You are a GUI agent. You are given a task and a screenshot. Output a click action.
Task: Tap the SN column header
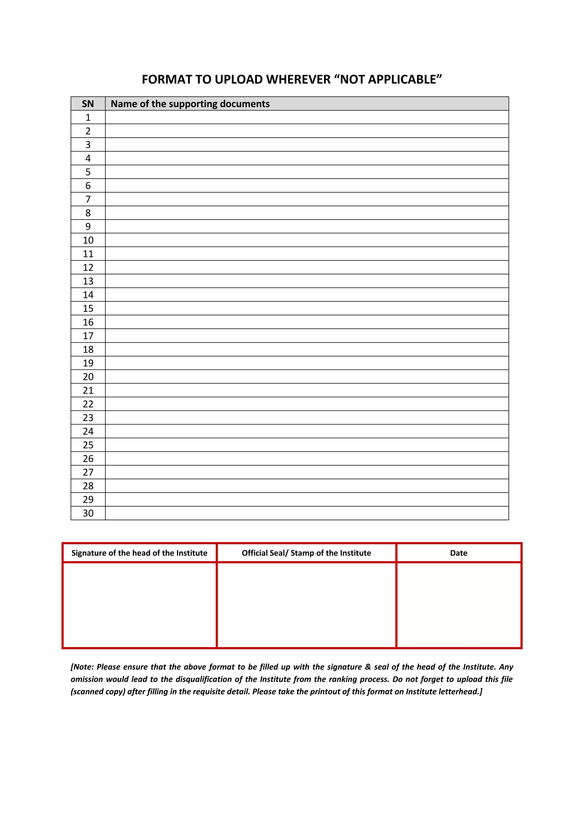tap(88, 104)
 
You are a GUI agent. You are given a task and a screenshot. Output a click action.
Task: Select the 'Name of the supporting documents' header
tap(190, 104)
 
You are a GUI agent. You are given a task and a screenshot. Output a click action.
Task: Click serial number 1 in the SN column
tap(88, 117)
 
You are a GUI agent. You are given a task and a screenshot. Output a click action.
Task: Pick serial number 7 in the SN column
tap(88, 199)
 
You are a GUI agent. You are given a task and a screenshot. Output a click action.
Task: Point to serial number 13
tap(88, 281)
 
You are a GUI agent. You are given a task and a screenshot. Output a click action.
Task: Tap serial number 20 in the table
tap(88, 377)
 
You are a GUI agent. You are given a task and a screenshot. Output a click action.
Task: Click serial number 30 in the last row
tap(88, 513)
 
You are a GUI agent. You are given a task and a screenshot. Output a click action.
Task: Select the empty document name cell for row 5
tap(307, 172)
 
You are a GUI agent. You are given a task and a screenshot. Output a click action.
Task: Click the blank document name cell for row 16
tap(307, 322)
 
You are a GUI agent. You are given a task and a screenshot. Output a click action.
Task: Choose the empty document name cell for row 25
tap(307, 445)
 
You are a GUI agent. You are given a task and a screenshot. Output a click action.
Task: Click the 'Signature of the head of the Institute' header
tap(139, 553)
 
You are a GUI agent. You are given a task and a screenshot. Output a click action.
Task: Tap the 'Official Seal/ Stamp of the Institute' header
tap(306, 553)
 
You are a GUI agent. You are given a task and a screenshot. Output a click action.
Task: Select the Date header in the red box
tap(459, 553)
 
